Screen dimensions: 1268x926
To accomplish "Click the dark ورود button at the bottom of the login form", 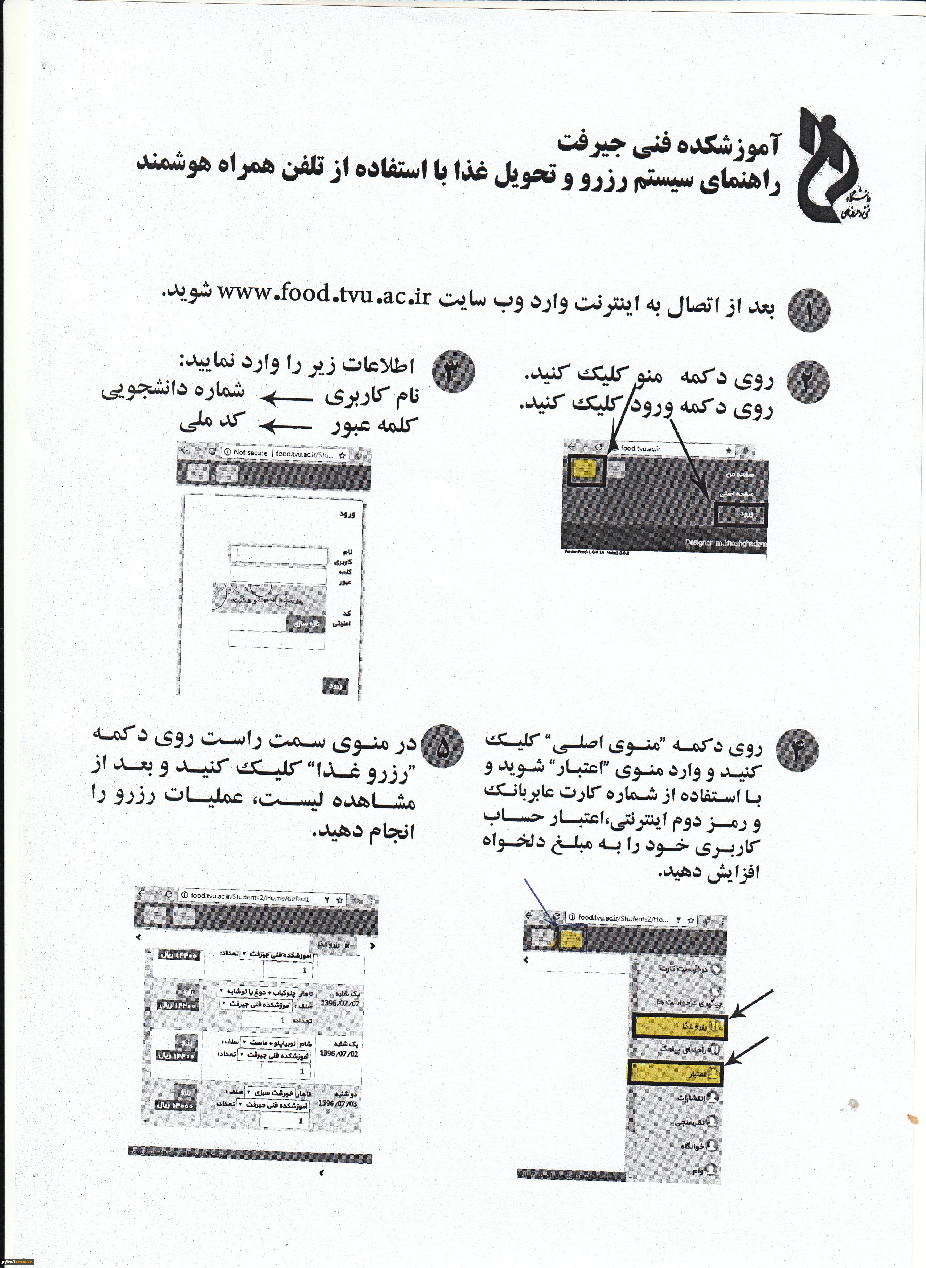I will pos(335,686).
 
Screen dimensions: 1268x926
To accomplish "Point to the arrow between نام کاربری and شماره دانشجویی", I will pos(286,398).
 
